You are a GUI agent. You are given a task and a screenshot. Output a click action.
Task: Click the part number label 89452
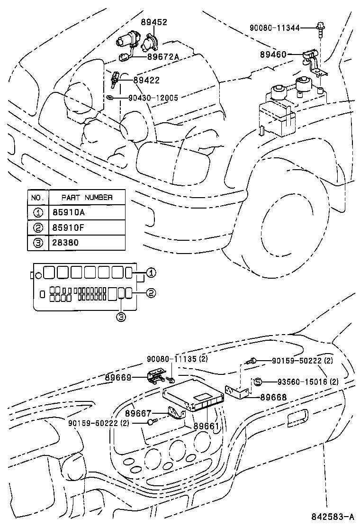pyautogui.click(x=154, y=22)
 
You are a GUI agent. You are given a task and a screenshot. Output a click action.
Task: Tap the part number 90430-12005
pyautogui.click(x=153, y=98)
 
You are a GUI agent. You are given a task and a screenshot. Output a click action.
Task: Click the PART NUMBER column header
pyautogui.click(x=87, y=197)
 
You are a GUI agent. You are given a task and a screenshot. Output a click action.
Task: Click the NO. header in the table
pyautogui.click(x=37, y=197)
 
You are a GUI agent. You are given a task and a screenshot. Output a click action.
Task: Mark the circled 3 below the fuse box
pyautogui.click(x=121, y=317)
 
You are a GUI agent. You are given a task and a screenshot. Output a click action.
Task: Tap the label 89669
pyautogui.click(x=118, y=377)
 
